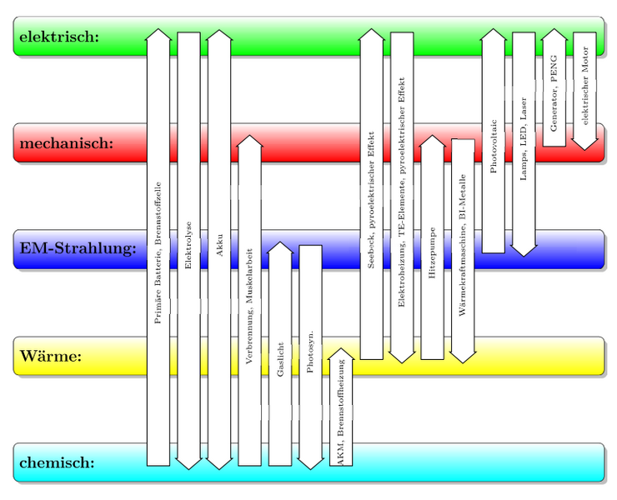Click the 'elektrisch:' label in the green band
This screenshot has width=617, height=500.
[59, 37]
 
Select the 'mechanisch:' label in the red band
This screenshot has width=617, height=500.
[65, 143]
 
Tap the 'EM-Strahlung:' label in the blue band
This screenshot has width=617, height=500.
[78, 249]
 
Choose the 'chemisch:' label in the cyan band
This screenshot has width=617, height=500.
[56, 462]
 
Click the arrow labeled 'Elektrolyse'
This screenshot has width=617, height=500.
[188, 245]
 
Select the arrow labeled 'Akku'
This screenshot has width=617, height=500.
[219, 245]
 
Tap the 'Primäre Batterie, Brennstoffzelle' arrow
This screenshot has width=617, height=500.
[158, 250]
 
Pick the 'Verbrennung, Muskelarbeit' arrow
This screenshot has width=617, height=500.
[249, 300]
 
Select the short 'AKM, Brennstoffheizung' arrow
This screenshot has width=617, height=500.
[341, 408]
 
